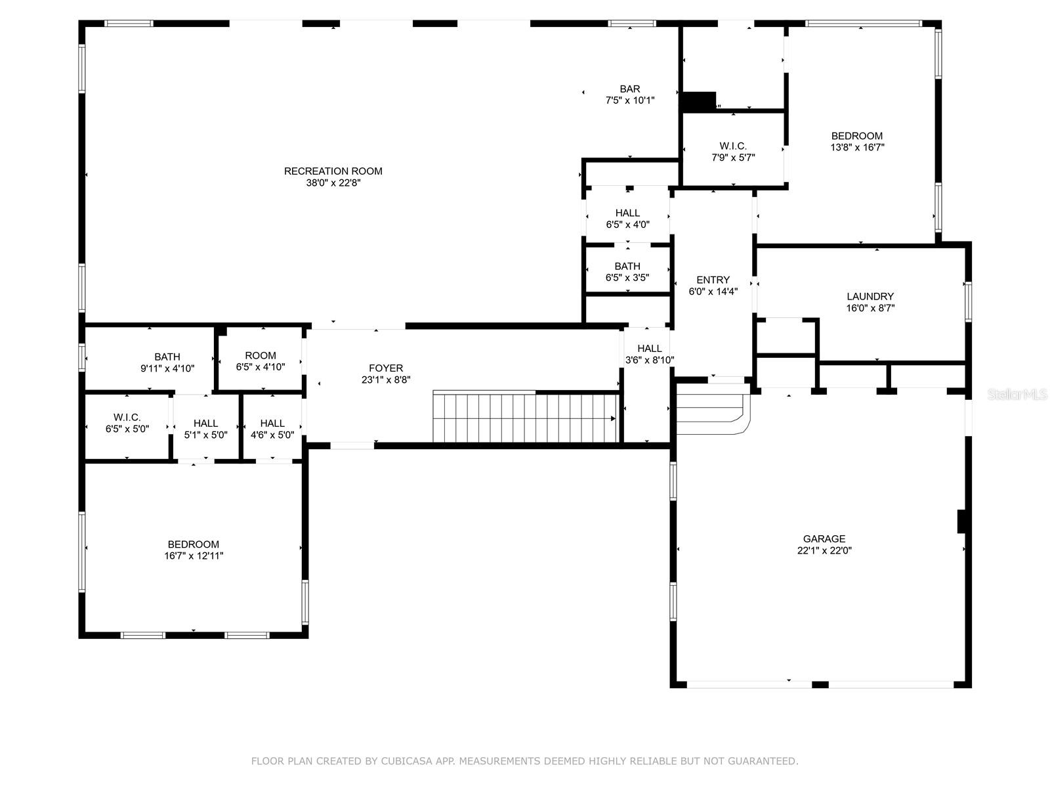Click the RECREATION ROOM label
[333, 171]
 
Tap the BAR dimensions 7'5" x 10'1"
[630, 100]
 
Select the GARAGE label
[824, 539]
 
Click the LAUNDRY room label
[870, 296]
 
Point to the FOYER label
[386, 368]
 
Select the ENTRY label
[713, 280]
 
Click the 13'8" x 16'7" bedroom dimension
[857, 148]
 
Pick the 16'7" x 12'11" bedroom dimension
[194, 556]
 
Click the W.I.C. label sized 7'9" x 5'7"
[732, 146]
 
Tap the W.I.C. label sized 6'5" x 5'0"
[127, 417]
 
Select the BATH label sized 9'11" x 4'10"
[167, 357]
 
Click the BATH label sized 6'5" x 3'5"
[627, 266]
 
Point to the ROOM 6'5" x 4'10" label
[261, 355]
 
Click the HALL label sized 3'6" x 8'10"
[650, 348]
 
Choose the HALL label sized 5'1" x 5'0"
[206, 423]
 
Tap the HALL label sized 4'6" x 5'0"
[272, 423]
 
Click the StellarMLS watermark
[1018, 395]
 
